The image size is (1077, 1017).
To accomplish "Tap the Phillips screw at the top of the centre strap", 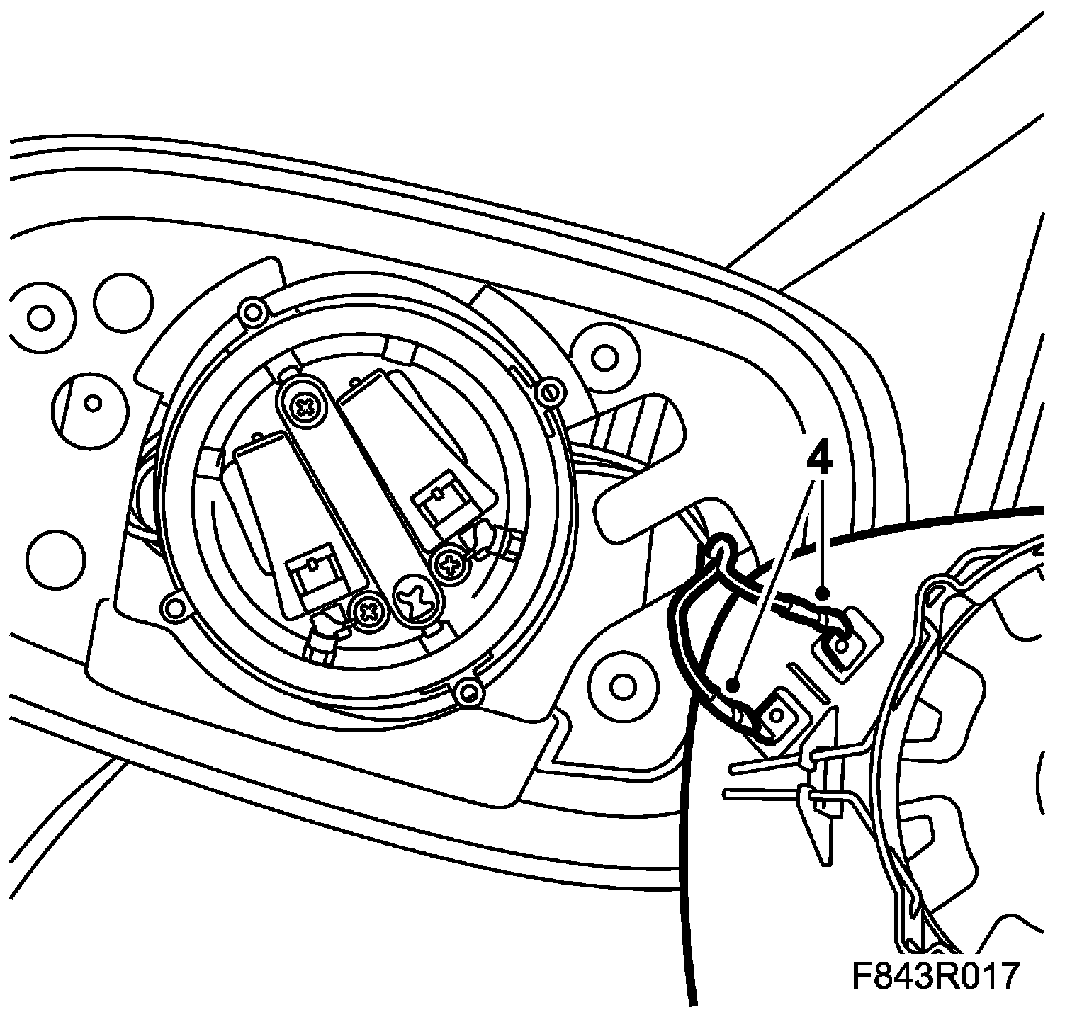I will (x=305, y=407).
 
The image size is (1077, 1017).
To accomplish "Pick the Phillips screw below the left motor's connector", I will (x=368, y=610).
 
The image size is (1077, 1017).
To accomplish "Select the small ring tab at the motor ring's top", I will (x=250, y=309).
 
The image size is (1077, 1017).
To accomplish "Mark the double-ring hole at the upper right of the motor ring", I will (x=603, y=358).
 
